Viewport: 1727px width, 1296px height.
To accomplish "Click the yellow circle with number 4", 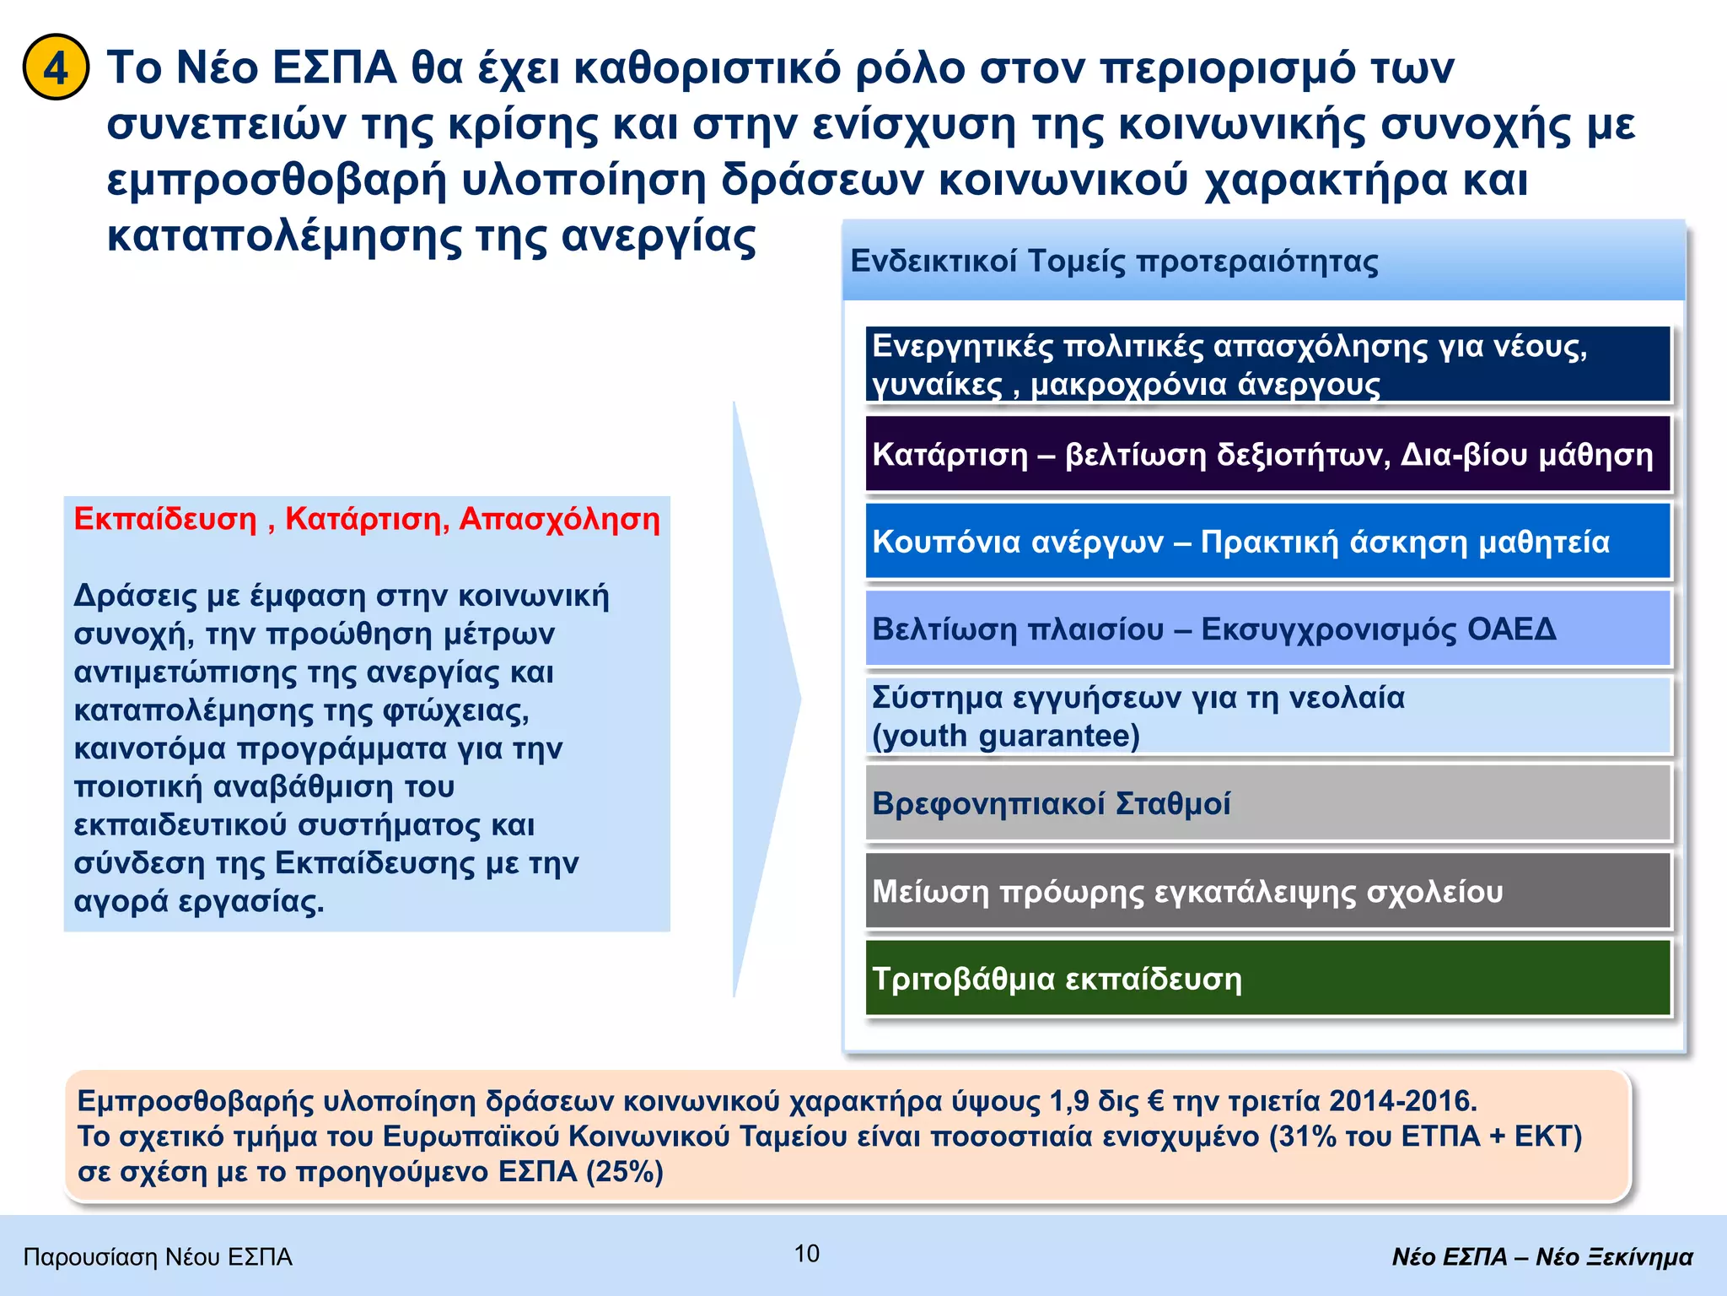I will click(x=56, y=67).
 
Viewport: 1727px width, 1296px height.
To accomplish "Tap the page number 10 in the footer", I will click(x=806, y=1253).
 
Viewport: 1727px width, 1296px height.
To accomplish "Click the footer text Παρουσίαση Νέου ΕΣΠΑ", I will click(x=158, y=1257).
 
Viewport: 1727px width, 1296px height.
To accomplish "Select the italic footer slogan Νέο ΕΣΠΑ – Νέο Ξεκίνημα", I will click(x=1541, y=1257).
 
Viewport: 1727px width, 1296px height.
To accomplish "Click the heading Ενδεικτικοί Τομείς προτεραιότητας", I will click(x=1114, y=262).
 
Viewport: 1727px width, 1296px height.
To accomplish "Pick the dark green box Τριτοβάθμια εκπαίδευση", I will click(x=1267, y=979).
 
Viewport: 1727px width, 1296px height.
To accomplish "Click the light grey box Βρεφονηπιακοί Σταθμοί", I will click(x=1267, y=803).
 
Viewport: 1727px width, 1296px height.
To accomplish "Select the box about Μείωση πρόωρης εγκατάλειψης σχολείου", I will click(x=1267, y=891).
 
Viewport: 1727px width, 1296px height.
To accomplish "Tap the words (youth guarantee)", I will click(x=1005, y=736).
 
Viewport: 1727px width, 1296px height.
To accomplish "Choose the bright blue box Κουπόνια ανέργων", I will click(x=1267, y=542).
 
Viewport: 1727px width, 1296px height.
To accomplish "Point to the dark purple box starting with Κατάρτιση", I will click(x=1267, y=454).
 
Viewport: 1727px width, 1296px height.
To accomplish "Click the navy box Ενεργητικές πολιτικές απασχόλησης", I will click(x=1267, y=364).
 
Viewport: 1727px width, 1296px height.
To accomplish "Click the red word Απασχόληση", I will click(x=559, y=519).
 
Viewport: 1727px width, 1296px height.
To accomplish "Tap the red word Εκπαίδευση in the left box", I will click(x=165, y=519).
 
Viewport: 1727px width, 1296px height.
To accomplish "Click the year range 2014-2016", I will click(x=1402, y=1101).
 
